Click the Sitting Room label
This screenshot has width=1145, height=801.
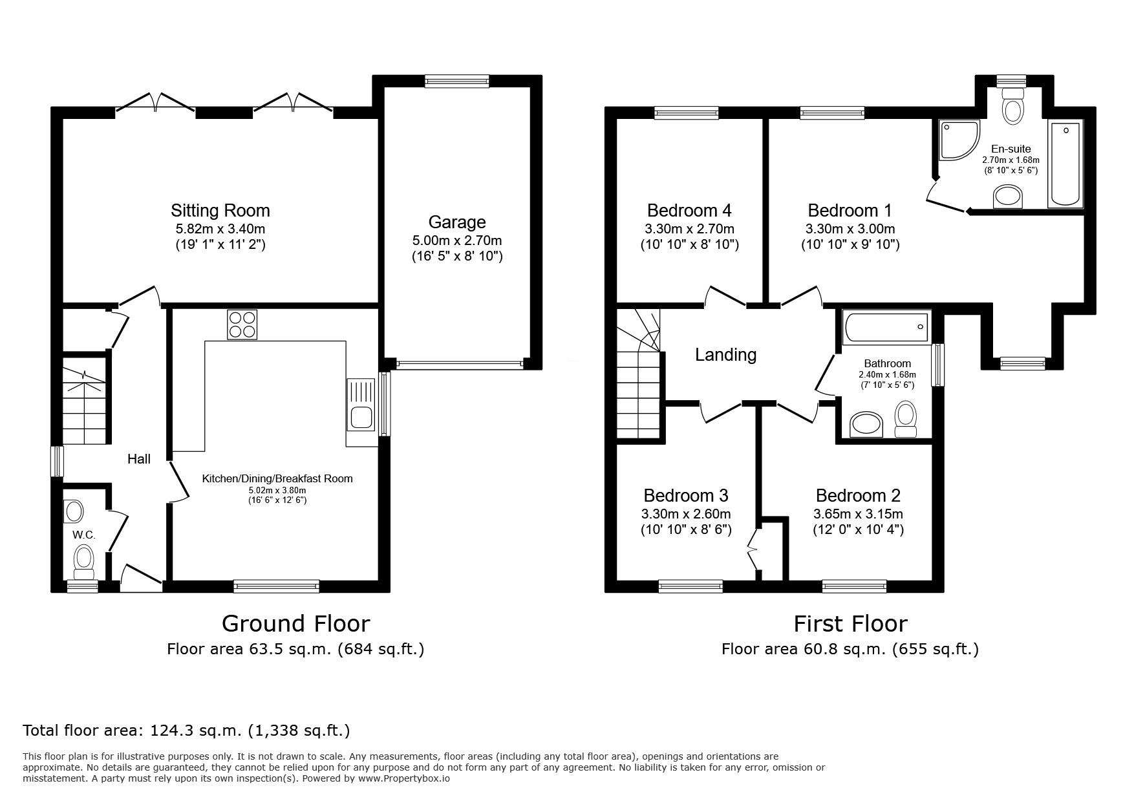tap(220, 211)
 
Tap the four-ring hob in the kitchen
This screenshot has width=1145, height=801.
tap(242, 325)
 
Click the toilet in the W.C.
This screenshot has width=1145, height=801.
tap(84, 561)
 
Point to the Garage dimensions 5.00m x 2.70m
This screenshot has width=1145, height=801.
tap(456, 240)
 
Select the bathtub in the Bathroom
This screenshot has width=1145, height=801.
tap(886, 327)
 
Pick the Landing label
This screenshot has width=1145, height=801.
tap(725, 354)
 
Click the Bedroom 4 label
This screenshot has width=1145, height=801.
tap(689, 211)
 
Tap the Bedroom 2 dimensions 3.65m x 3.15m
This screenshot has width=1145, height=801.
tap(858, 515)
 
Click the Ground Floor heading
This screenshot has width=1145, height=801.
tap(295, 623)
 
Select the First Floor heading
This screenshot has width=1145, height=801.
tap(850, 623)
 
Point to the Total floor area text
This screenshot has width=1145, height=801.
tap(186, 731)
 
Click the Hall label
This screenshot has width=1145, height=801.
tap(138, 459)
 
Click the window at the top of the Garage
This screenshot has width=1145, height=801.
tap(456, 81)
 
